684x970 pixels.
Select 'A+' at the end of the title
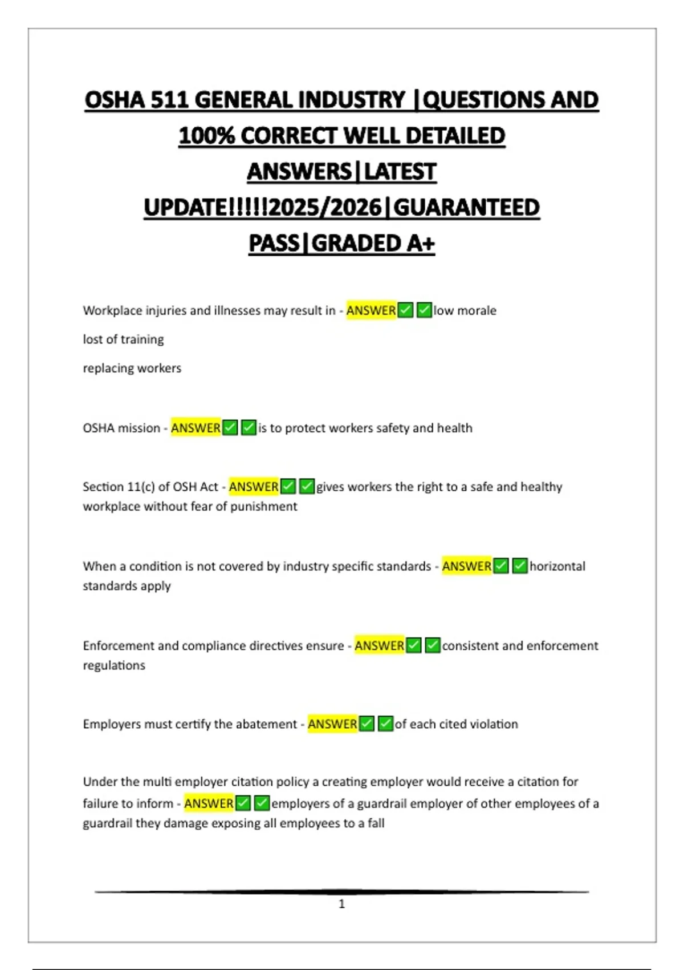coord(421,244)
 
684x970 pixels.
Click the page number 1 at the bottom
coord(342,904)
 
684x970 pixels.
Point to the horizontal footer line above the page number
coord(342,891)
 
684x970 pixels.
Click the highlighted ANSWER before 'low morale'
coord(371,310)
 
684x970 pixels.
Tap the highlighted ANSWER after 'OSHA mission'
coord(196,428)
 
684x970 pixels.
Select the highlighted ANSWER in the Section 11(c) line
coord(254,487)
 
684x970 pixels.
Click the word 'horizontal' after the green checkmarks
coord(557,566)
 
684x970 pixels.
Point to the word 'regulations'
coord(114,665)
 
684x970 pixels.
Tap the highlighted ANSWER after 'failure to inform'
coord(209,803)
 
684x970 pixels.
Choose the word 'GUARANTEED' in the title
coord(466,208)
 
